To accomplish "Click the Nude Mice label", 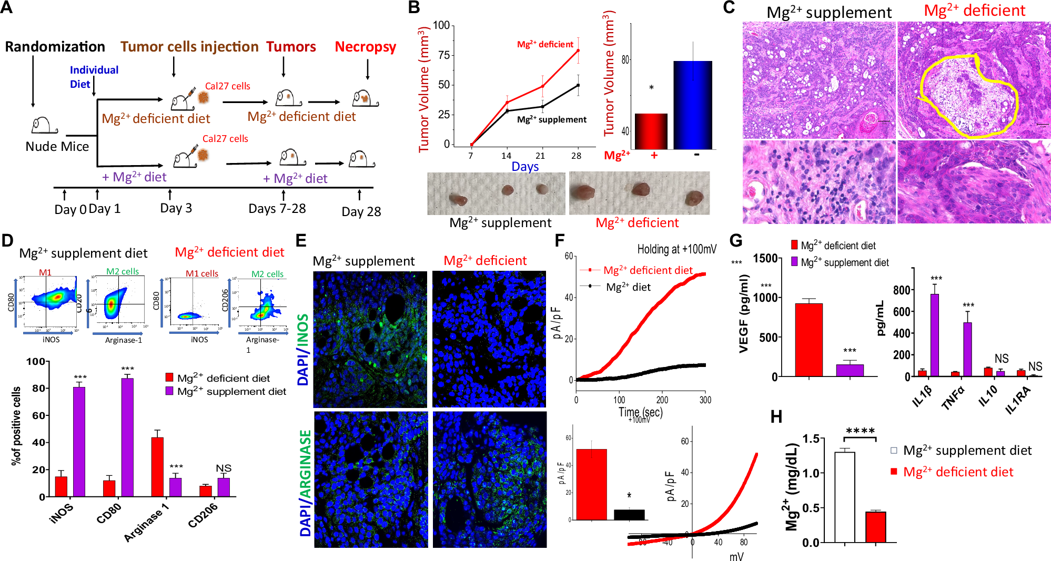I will coord(57,146).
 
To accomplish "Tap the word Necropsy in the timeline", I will coord(365,47).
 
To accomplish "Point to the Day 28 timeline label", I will coord(361,212).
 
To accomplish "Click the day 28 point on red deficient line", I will coord(578,50).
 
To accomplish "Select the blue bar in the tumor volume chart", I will coord(693,105).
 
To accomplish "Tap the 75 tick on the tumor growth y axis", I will coord(443,55).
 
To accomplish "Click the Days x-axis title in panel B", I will coord(525,167).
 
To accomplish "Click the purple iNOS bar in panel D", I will coord(79,442).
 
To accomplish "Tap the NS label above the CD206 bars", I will coord(224,468).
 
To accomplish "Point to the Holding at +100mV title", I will coord(676,249).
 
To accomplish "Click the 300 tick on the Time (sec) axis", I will coord(705,400).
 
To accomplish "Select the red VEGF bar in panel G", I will coord(809,340).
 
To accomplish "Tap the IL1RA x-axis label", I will coord(1019,400).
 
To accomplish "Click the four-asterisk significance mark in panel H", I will coord(860,431).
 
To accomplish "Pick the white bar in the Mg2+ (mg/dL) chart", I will coord(844,497).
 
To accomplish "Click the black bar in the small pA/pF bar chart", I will coord(629,515).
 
